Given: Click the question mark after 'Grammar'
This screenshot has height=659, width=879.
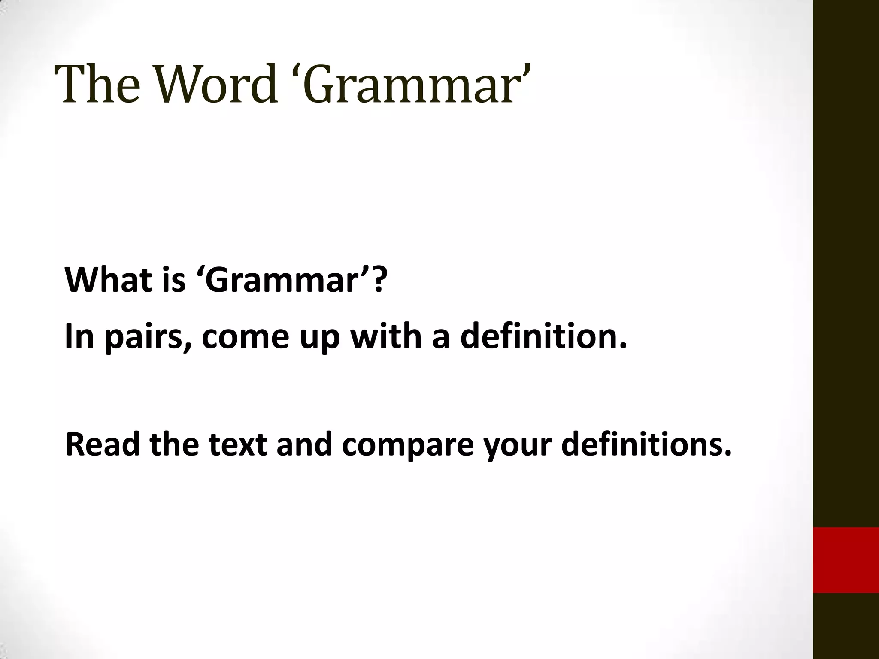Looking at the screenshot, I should click(378, 280).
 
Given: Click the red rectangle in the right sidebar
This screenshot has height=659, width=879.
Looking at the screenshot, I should click(846, 560).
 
